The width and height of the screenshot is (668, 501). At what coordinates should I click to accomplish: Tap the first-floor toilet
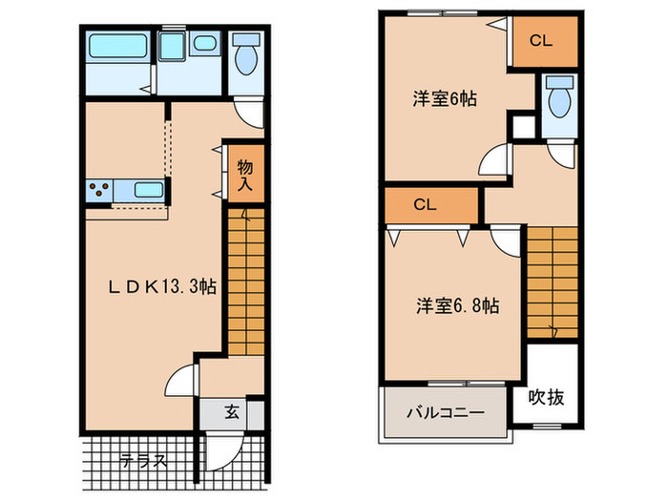[246, 55]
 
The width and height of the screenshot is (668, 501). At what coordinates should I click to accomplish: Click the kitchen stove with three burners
[98, 190]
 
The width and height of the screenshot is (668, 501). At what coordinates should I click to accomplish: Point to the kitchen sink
[148, 190]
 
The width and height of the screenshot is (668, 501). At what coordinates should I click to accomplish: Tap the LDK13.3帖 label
[159, 284]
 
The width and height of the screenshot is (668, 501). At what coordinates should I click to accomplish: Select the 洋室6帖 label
[445, 98]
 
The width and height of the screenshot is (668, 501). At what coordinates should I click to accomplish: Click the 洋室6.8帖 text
[457, 306]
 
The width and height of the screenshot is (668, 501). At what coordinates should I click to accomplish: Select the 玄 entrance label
[232, 413]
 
